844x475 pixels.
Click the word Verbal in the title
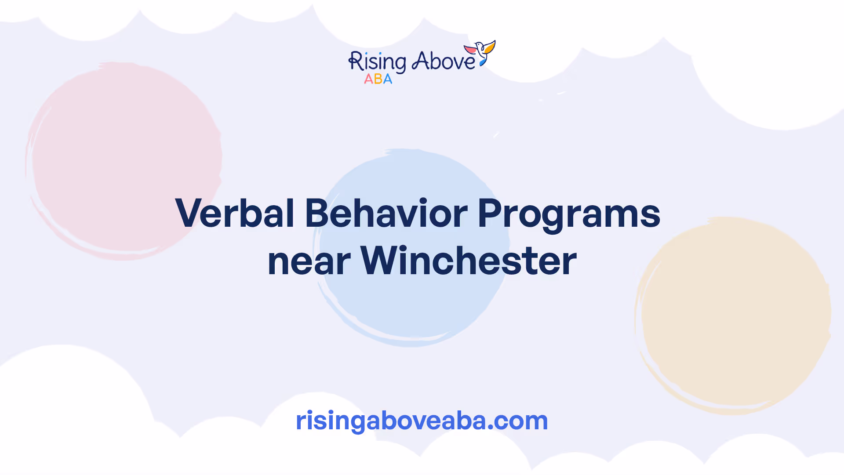click(x=235, y=213)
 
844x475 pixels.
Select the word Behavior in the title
click(x=386, y=213)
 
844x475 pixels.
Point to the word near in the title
click(x=309, y=262)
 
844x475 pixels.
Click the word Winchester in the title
click(x=468, y=261)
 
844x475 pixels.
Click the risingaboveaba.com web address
click(x=422, y=421)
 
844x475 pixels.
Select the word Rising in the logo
click(x=377, y=62)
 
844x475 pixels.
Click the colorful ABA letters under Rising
click(x=378, y=79)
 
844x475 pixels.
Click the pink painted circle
click(x=124, y=161)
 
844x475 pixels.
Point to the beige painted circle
click(x=733, y=315)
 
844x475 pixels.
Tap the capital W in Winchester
click(x=382, y=260)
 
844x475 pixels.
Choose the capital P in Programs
click(x=489, y=213)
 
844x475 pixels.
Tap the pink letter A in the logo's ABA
click(x=368, y=79)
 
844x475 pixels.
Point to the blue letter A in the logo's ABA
click(x=387, y=79)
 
